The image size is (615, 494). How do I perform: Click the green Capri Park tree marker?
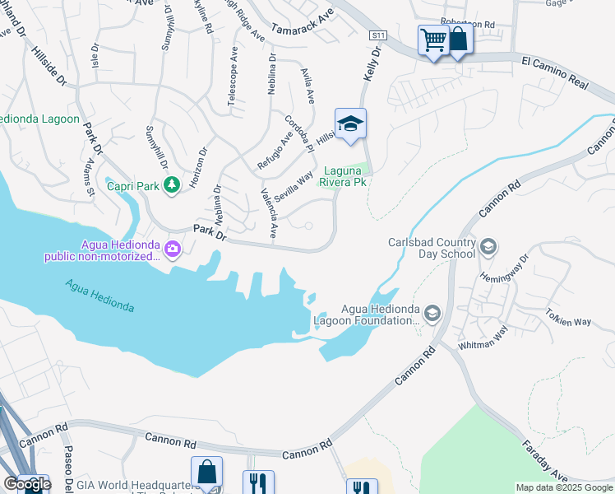pyautogui.click(x=171, y=186)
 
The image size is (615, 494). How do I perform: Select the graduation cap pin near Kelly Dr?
pyautogui.click(x=350, y=124)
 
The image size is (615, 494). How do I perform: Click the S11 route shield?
pyautogui.click(x=377, y=35)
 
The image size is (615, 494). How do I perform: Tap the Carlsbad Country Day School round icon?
pyautogui.click(x=488, y=246)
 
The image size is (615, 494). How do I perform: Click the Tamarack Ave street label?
pyautogui.click(x=303, y=22)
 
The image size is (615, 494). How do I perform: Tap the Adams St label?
pyautogui.click(x=86, y=177)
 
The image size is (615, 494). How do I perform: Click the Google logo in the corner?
pyautogui.click(x=27, y=484)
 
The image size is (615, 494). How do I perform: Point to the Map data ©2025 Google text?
pyautogui.click(x=564, y=487)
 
